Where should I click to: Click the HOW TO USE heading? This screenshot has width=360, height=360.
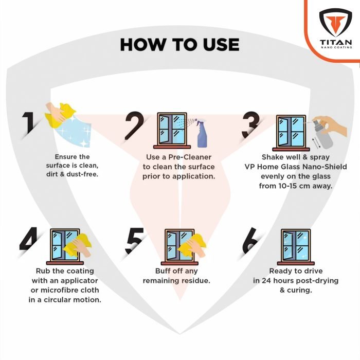click(x=179, y=44)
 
